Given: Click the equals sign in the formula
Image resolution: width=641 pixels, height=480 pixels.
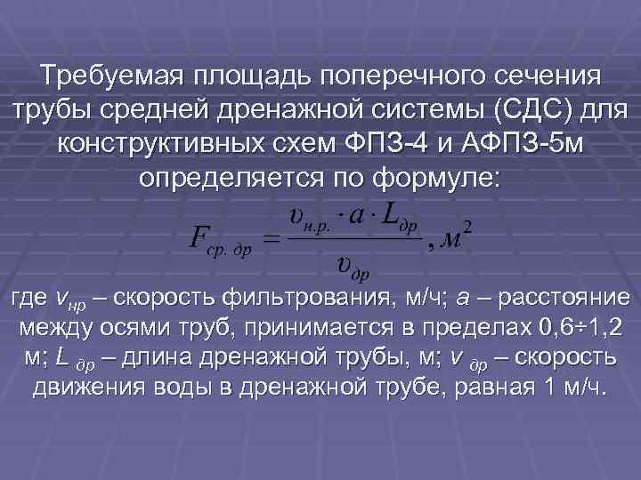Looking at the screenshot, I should pos(272,239).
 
